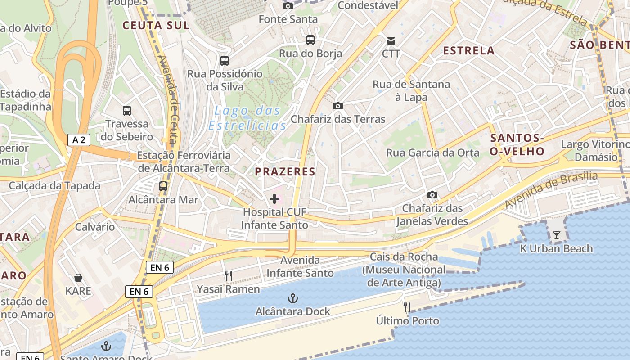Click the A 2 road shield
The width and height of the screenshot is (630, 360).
pyautogui.click(x=79, y=140)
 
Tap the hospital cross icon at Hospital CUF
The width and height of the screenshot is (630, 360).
pyautogui.click(x=274, y=198)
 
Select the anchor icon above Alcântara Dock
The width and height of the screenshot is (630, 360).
pyautogui.click(x=292, y=298)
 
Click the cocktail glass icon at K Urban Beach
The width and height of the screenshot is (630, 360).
pyautogui.click(x=557, y=235)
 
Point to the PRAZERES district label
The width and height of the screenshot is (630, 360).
pyautogui.click(x=285, y=171)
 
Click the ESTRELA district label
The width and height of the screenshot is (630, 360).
pyautogui.click(x=469, y=50)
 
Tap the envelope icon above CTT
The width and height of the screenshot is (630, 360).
pyautogui.click(x=391, y=41)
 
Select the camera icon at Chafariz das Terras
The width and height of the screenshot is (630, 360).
pyautogui.click(x=337, y=106)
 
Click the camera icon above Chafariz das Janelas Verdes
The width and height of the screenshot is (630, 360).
pyautogui.click(x=432, y=195)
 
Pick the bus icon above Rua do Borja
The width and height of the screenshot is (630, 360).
pyautogui.click(x=310, y=40)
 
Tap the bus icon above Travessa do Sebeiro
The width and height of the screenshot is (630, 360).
pyautogui.click(x=127, y=110)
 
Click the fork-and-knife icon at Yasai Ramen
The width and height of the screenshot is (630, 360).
pyautogui.click(x=229, y=275)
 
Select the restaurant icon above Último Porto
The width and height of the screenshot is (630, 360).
pyautogui.click(x=407, y=307)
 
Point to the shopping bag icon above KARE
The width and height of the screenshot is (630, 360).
pyautogui.click(x=78, y=278)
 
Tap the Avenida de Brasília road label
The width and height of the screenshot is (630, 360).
pyautogui.click(x=551, y=189)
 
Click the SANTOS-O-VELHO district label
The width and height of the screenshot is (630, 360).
pyautogui.click(x=517, y=144)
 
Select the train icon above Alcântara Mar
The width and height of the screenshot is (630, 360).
pyautogui.click(x=163, y=186)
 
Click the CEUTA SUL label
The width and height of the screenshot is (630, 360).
pyautogui.click(x=156, y=25)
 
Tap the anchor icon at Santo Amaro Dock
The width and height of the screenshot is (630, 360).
pyautogui.click(x=106, y=346)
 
